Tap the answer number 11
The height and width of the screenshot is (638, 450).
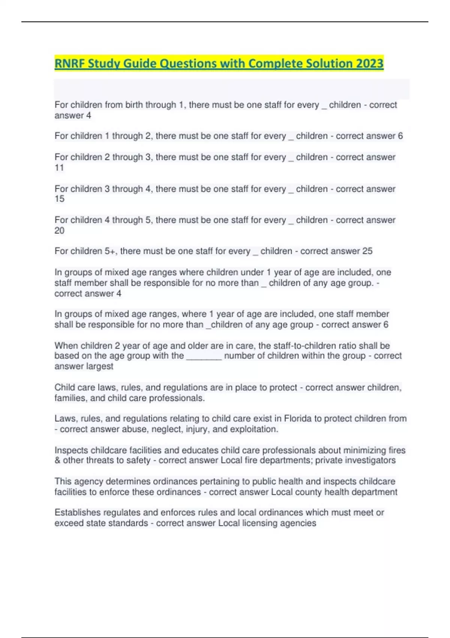[59, 168]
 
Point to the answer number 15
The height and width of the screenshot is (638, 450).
[59, 199]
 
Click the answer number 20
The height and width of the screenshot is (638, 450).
[59, 230]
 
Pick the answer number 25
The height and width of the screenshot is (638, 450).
[367, 251]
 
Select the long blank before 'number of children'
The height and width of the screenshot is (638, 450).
[204, 356]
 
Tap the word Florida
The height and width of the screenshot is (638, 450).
[298, 418]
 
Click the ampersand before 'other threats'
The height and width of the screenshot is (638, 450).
[57, 460]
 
